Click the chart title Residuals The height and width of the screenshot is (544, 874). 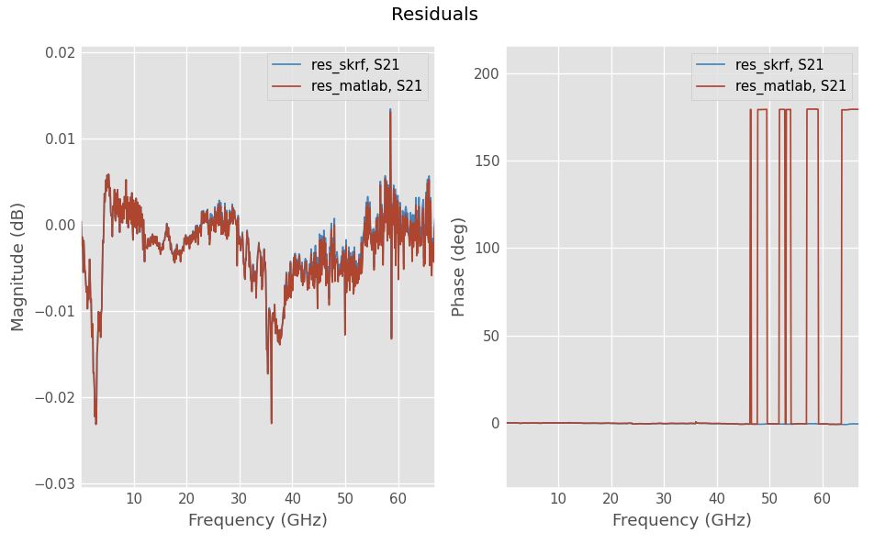point(434,15)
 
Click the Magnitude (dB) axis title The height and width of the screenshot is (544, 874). point(18,266)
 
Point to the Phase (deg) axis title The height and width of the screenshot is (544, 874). point(459,266)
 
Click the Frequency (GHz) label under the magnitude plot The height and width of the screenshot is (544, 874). point(257,520)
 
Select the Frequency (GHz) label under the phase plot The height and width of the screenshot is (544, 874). point(681,520)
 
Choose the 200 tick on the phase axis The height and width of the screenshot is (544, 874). point(486,73)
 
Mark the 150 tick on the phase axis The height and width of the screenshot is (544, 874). point(486,161)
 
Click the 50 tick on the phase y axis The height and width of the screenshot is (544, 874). point(489,336)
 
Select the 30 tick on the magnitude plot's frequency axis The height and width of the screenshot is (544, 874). point(240,498)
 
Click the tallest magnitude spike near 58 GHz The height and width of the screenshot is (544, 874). point(390,111)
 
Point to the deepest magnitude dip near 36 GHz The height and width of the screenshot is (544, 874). point(272,422)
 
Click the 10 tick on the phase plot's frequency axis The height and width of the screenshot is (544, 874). point(558,498)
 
